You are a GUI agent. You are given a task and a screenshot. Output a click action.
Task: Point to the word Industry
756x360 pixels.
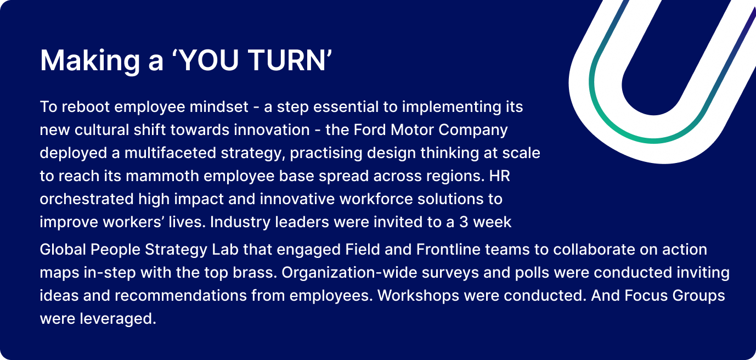pos(236,222)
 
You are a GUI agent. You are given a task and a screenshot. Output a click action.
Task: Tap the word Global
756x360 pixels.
pos(59,250)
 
